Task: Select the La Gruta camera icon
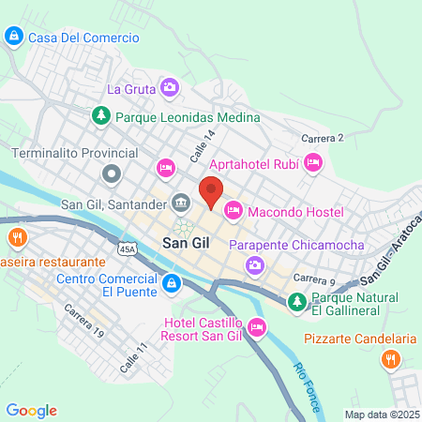coord(170,88)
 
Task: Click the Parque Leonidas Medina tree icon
coord(101,116)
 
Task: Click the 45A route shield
coord(128,248)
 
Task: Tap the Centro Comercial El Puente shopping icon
coord(171,283)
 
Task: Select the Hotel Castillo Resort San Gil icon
coord(258,326)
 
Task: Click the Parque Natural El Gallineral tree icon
coord(296,301)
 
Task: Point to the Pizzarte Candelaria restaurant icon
coord(394,358)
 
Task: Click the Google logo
coord(32,410)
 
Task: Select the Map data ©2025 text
coord(380,414)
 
